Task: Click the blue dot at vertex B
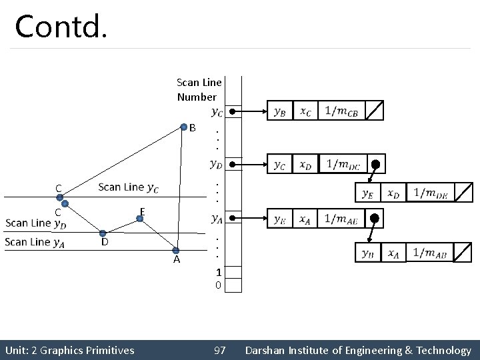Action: (x=185, y=126)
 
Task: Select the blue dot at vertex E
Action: (x=139, y=217)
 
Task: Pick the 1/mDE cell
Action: (x=430, y=193)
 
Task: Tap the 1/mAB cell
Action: (x=430, y=253)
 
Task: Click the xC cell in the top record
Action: (x=305, y=111)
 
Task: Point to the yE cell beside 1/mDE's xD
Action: (x=367, y=193)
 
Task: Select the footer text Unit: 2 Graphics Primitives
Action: (x=69, y=350)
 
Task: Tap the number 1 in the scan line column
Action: (x=218, y=272)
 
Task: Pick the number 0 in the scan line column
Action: (x=218, y=285)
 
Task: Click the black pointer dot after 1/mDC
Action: (x=375, y=164)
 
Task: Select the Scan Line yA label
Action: (x=35, y=242)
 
